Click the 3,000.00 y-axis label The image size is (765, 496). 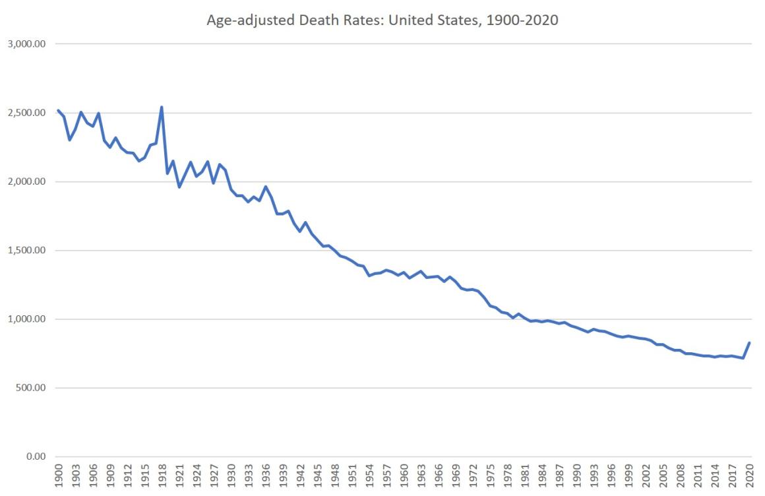26,44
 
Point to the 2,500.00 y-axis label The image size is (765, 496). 26,113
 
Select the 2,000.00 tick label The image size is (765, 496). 26,181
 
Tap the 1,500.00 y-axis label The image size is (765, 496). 26,251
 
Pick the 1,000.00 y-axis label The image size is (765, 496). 26,319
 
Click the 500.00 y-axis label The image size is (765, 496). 30,388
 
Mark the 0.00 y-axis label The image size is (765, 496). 34,456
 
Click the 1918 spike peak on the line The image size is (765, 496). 162,107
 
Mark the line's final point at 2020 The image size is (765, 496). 750,342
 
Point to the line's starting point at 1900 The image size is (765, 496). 58,111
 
